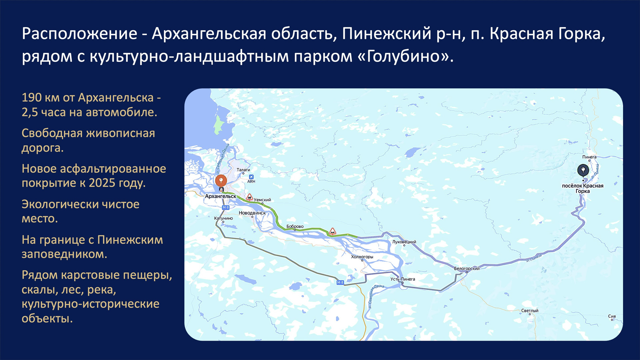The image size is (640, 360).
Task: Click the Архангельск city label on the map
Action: pos(220,196)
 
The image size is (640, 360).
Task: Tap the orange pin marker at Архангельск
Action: pos(221,181)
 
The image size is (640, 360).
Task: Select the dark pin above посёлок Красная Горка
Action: pos(583,170)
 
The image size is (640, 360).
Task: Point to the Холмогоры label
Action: pos(362,257)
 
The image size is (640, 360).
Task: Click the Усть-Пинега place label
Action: pos(403,279)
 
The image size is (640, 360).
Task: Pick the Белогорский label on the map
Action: pos(467,268)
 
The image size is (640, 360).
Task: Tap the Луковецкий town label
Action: pos(404,242)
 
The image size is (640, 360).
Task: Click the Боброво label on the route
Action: pos(295,226)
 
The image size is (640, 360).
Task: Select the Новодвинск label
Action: pos(252,213)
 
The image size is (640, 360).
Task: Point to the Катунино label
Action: pos(223,218)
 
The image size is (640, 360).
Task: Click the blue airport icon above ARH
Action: pos(251,177)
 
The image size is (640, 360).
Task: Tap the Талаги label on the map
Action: pos(243,170)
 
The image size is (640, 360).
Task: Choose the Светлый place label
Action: pos(530,311)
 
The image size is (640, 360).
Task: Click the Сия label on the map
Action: pos(612,316)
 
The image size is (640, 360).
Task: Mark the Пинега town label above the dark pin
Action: pos(589,157)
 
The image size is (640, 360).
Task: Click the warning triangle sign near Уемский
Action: pos(249,197)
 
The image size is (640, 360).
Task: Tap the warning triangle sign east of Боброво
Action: pos(332,231)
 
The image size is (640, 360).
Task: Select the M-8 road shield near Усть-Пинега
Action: pos(340,283)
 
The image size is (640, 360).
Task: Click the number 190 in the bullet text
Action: pos(32,98)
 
